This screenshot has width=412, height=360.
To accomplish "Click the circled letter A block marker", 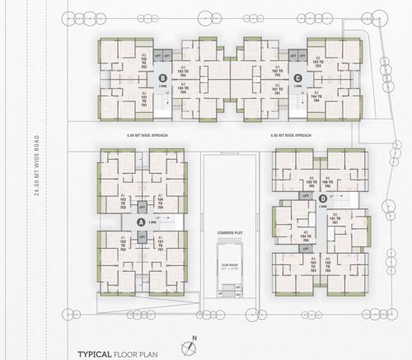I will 141,222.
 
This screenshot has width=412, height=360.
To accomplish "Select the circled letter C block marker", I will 297,78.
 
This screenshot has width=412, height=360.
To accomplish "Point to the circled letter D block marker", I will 323,198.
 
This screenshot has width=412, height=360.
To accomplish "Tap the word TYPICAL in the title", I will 96,353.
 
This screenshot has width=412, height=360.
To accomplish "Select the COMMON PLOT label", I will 228,233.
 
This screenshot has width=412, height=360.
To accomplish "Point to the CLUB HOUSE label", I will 228,265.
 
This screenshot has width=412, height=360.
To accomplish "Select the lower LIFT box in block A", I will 142,236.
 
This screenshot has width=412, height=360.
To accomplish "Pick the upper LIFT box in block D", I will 306,197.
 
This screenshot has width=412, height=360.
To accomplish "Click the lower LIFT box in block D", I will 306,243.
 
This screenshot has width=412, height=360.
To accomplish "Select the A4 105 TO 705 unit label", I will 311,180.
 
